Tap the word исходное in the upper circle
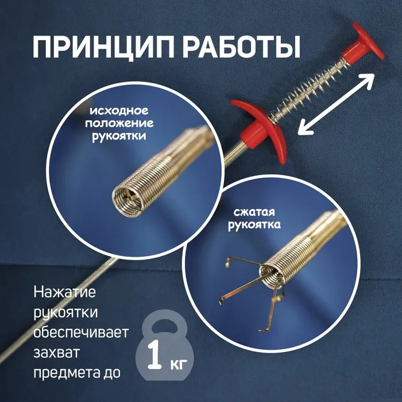coord(119,111)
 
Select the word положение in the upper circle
coord(119,123)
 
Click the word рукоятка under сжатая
coord(254,225)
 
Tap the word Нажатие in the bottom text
coord(64,292)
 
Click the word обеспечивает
coord(81,333)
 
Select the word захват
coord(56,353)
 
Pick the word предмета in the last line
coord(64,373)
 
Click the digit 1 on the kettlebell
coord(154,355)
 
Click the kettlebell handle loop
coord(165,322)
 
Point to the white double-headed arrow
coord(336,103)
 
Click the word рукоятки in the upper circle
coord(119,136)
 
